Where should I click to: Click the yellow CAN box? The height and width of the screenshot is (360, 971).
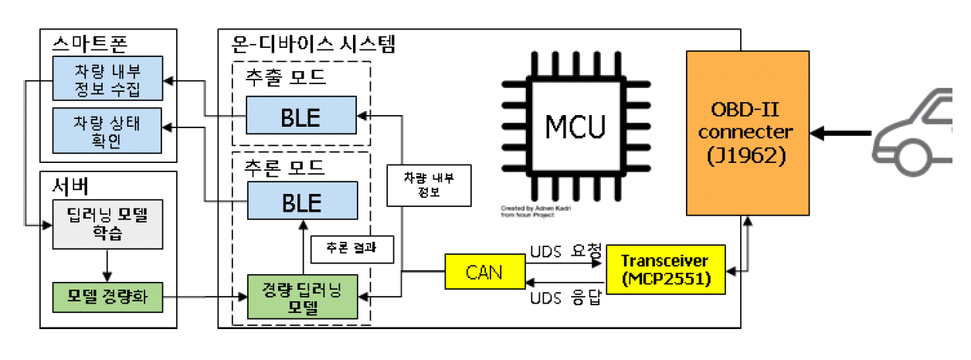484,271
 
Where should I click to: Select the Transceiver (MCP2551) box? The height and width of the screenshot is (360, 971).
666,269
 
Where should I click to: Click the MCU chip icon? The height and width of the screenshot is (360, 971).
575,126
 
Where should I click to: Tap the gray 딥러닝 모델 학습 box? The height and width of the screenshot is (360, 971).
107,225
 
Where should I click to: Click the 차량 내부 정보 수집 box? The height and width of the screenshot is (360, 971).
107,78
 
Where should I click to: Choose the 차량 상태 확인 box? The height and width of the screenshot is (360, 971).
107,129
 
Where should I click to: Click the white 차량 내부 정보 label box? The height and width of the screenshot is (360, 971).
429,185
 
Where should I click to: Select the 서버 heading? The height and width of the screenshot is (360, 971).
67,185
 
